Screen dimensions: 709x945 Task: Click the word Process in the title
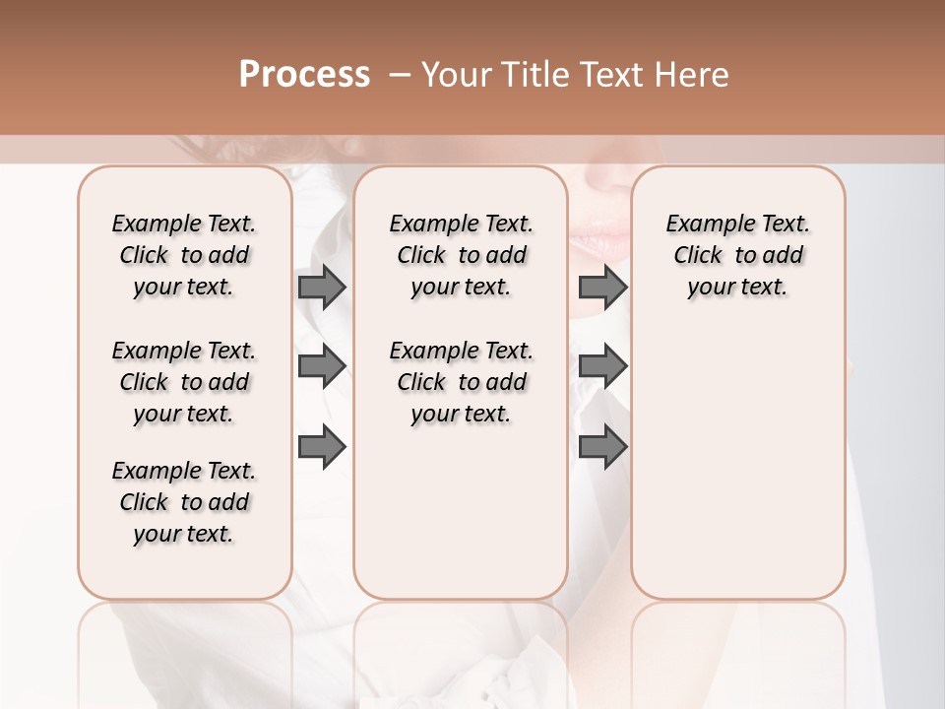coord(304,75)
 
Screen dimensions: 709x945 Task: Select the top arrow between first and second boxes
coord(322,287)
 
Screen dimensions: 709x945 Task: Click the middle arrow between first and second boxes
coord(322,366)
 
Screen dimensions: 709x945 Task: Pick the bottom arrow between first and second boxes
coord(322,447)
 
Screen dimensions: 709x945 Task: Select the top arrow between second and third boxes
coord(602,287)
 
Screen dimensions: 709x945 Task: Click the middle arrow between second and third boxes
coord(602,366)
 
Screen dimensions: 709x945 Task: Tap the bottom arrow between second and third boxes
coord(602,447)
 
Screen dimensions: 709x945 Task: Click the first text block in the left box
coord(184,255)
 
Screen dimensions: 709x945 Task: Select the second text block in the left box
coord(184,382)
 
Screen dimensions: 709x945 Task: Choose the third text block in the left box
coord(184,502)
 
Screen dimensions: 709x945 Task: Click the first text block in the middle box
coord(461,255)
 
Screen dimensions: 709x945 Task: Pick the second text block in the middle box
coord(461,382)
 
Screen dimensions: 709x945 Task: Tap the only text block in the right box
coord(737,255)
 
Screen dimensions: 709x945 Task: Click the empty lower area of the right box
coord(737,463)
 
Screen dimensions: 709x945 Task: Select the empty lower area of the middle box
coord(461,512)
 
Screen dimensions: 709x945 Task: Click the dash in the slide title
coord(399,75)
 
